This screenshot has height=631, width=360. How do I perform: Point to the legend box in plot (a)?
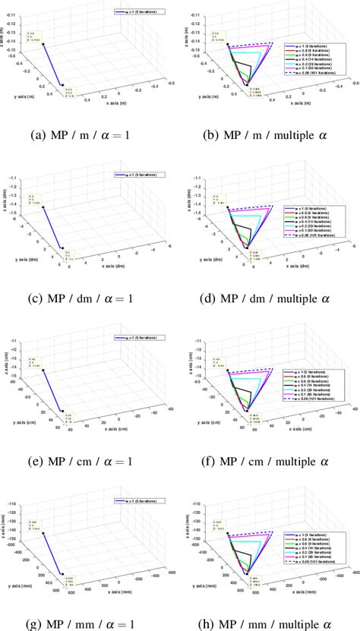pos(135,12)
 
